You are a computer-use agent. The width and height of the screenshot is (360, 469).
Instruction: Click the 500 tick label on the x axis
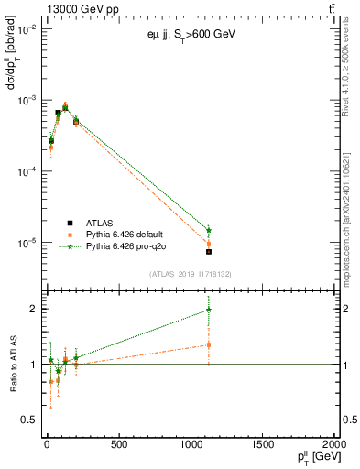(118, 445)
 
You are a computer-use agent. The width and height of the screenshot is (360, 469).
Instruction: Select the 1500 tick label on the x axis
(263, 445)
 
